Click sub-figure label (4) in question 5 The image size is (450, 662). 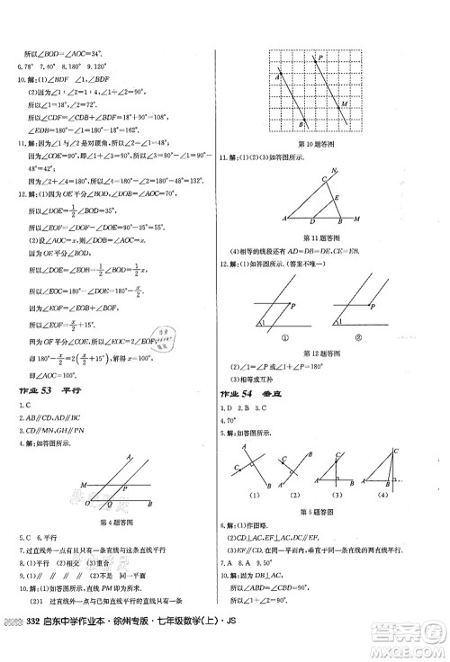pos(384,495)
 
